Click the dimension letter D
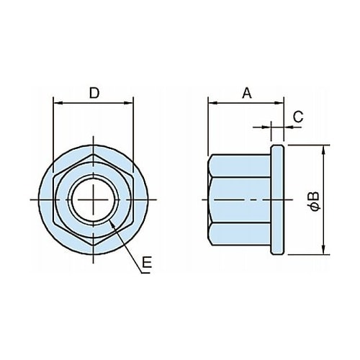tap(94, 93)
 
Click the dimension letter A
tap(247, 93)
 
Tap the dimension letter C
tap(298, 117)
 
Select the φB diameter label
tap(315, 201)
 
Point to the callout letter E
tap(147, 262)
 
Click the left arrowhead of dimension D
tap(58, 103)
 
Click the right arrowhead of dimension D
tap(128, 103)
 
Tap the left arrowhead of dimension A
tap(213, 103)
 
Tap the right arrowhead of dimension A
tap(279, 103)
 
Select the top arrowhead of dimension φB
tap(323, 150)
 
